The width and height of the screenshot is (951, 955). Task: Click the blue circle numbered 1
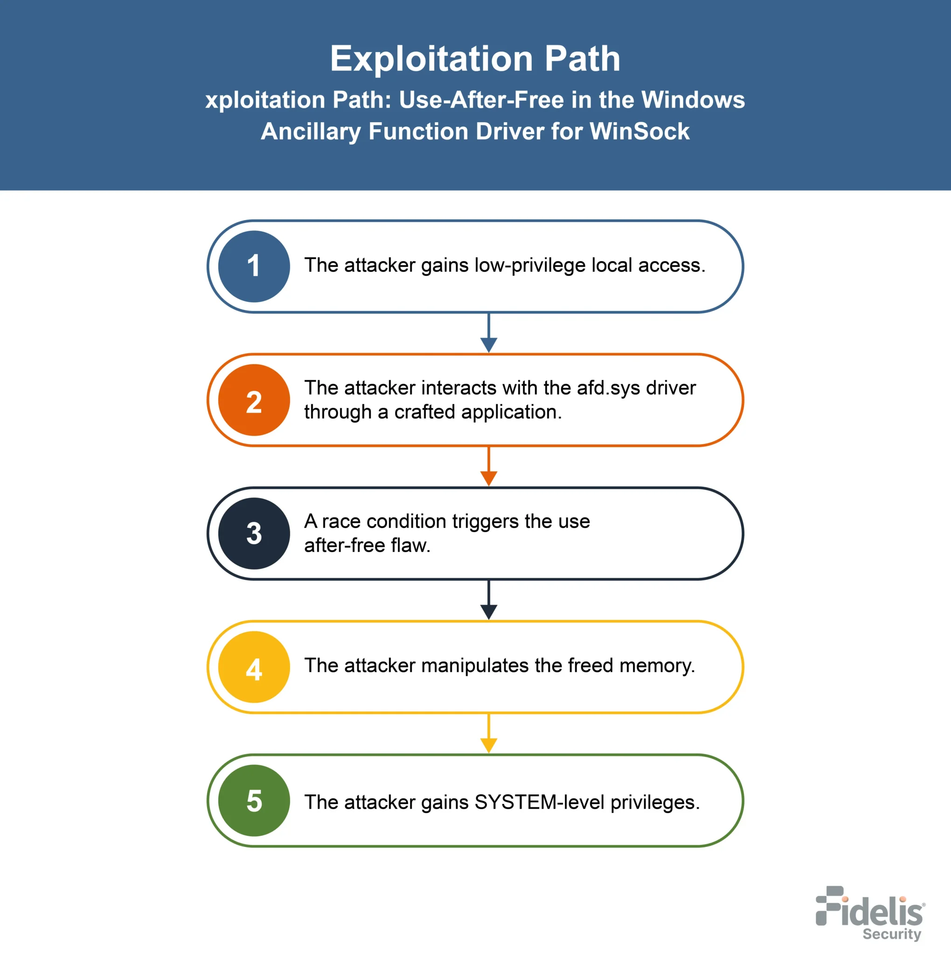254,266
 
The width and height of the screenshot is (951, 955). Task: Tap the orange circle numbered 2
254,400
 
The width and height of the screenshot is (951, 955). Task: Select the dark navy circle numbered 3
254,533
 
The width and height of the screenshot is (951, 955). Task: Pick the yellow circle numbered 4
254,667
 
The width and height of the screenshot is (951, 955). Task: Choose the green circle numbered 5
254,800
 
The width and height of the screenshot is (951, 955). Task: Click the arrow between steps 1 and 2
488,332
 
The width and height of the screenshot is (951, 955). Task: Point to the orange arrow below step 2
488,466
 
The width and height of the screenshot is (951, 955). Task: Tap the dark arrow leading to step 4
488,600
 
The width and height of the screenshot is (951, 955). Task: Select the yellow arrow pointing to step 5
488,733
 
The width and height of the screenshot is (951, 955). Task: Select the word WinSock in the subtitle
639,131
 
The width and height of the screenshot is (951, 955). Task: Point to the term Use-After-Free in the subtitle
481,99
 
